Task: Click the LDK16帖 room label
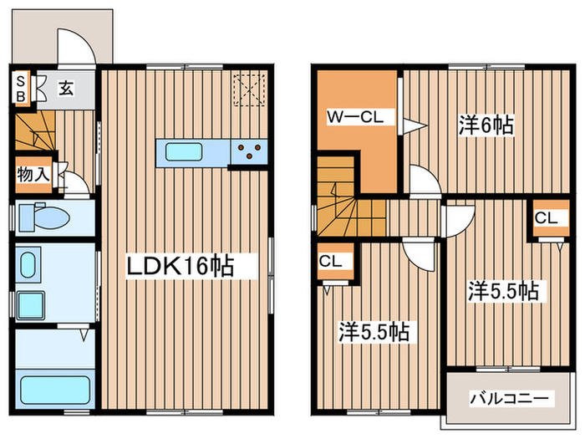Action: [180, 266]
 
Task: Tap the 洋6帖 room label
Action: [485, 125]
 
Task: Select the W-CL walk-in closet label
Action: [355, 118]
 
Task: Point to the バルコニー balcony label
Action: [509, 398]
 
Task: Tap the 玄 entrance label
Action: [65, 87]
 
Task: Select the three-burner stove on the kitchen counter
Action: [250, 151]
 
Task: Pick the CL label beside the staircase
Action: [330, 261]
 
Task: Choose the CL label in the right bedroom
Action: [546, 218]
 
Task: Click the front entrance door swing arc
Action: [75, 43]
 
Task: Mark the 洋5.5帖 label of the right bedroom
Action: [501, 292]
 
